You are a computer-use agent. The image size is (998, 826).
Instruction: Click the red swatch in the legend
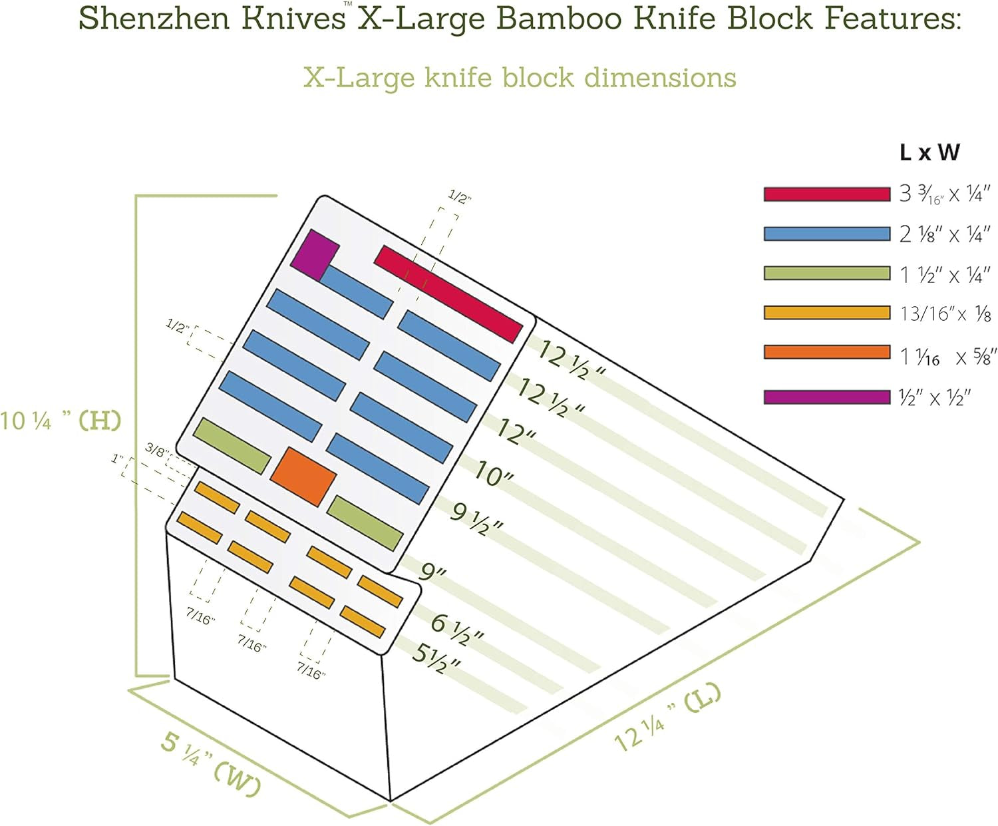pos(826,194)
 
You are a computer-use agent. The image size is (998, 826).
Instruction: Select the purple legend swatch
pos(826,397)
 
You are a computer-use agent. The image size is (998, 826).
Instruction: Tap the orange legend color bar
pos(826,352)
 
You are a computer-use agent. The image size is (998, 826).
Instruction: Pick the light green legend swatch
pos(826,273)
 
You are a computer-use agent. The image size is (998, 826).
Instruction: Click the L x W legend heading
pos(929,152)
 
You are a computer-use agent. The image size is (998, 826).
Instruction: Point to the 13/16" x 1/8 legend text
pos(945,313)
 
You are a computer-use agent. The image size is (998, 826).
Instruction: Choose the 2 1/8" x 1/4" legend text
pos(945,234)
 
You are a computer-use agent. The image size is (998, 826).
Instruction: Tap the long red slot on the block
pos(448,294)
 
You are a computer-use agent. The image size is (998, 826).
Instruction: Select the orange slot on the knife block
pos(303,476)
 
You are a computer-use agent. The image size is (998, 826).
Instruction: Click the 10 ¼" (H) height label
pos(61,421)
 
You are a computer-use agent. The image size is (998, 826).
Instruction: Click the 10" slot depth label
pos(494,474)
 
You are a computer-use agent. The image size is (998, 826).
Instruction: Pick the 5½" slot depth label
pos(436,658)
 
